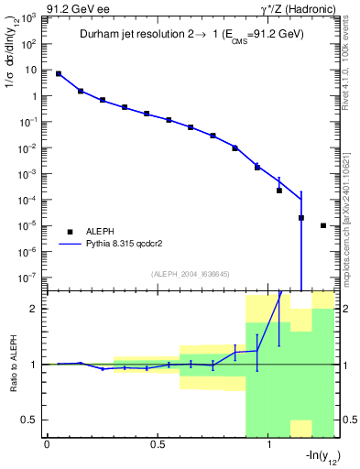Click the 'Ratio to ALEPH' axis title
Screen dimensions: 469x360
click(12, 364)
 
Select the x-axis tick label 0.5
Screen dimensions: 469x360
click(158, 445)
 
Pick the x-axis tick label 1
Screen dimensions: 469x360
click(269, 445)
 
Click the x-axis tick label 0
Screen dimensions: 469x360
click(47, 445)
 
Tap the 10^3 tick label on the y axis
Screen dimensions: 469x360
click(27, 18)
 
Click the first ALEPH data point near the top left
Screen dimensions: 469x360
click(59, 73)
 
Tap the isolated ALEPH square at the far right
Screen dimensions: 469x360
click(323, 225)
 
